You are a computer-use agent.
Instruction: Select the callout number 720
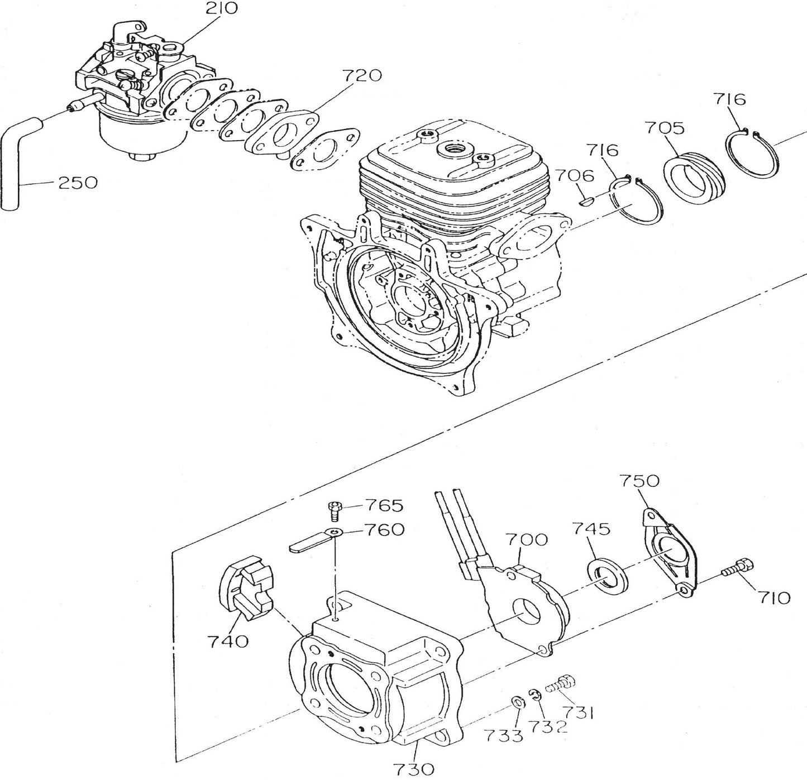[362, 76]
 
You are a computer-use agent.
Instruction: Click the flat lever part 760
[313, 542]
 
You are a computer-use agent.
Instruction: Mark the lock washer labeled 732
[534, 694]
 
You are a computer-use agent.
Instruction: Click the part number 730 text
[412, 769]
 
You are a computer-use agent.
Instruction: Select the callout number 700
[527, 540]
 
